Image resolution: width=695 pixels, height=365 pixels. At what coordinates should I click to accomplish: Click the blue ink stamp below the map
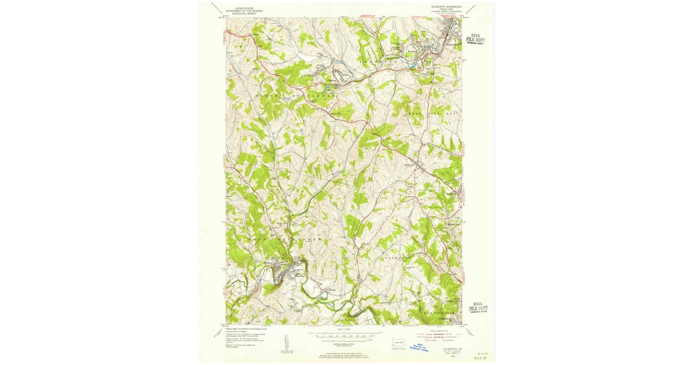[x=422, y=346]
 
